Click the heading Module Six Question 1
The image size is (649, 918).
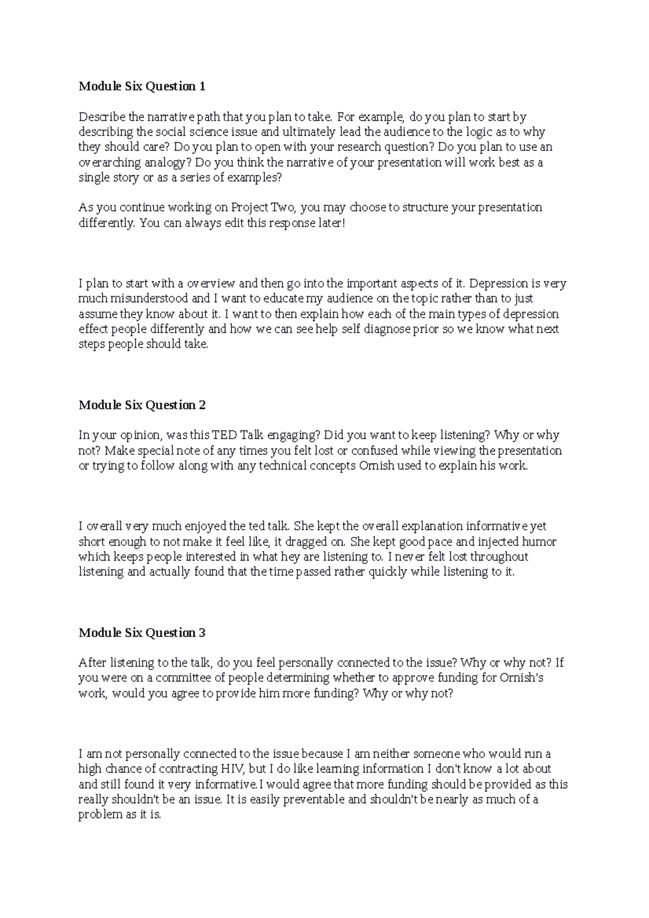142,86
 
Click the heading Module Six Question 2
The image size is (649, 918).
142,405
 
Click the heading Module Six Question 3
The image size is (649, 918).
142,633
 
